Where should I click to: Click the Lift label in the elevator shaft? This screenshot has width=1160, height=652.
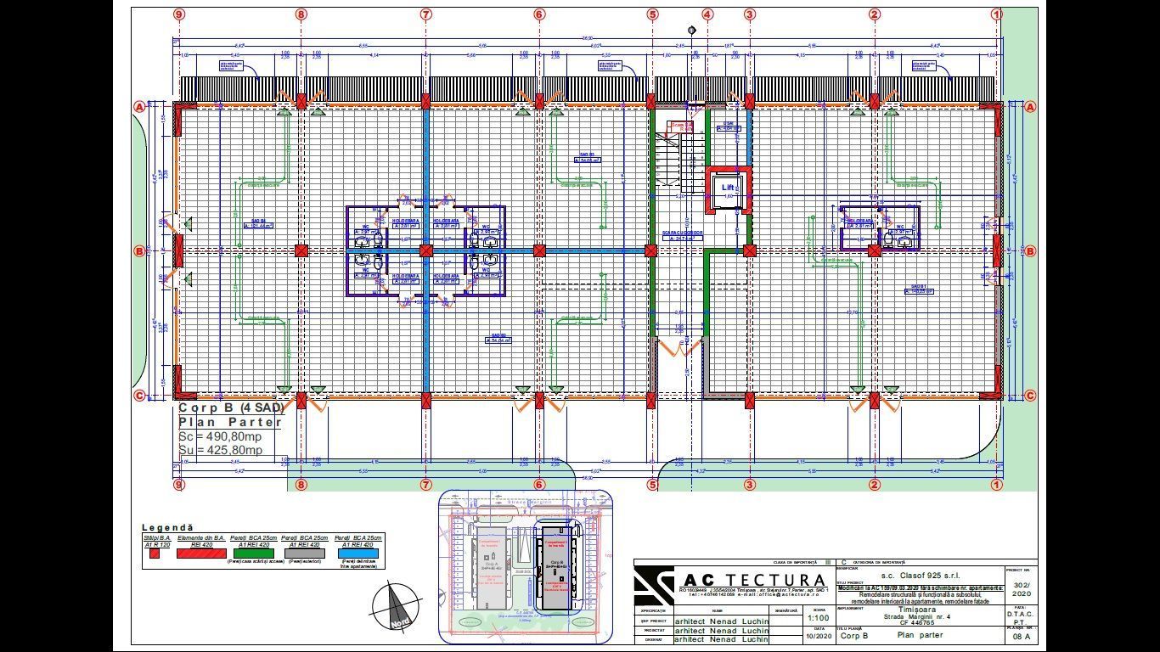pos(728,188)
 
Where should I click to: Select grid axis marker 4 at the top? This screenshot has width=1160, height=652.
pos(707,14)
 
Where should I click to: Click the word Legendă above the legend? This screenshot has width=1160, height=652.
pos(167,528)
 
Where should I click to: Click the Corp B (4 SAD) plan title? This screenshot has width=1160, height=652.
pos(230,407)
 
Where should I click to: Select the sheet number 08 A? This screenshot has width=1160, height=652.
pos(1021,636)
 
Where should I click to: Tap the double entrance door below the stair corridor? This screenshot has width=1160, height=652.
pos(680,346)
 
